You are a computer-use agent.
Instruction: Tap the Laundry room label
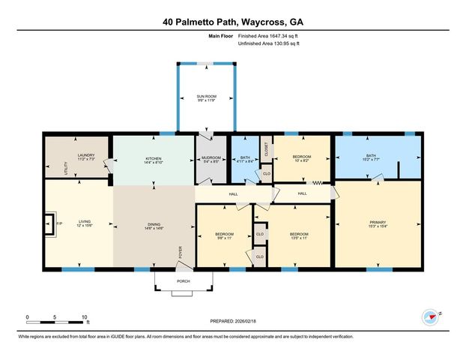click(85, 158)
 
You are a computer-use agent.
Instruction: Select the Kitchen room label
click(153, 160)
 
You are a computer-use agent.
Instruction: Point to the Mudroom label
click(211, 160)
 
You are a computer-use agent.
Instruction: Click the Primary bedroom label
click(378, 224)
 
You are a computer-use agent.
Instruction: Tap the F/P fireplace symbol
click(50, 223)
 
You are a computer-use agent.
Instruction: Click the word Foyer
click(180, 251)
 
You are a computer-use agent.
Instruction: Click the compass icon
click(431, 316)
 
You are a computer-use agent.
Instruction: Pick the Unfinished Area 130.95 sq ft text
click(268, 43)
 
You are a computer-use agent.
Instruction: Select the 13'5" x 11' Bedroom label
click(299, 236)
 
